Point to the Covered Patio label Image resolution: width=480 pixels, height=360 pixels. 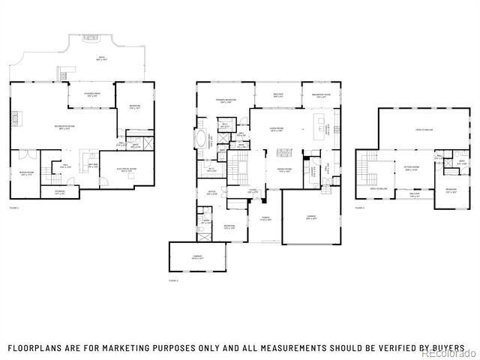pyautogui.click(x=94, y=94)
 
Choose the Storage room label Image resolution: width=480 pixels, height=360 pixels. pyautogui.click(x=59, y=193)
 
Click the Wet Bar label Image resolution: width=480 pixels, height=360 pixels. pyautogui.click(x=93, y=166)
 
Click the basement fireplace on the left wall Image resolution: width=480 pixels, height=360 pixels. pyautogui.click(x=16, y=118)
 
